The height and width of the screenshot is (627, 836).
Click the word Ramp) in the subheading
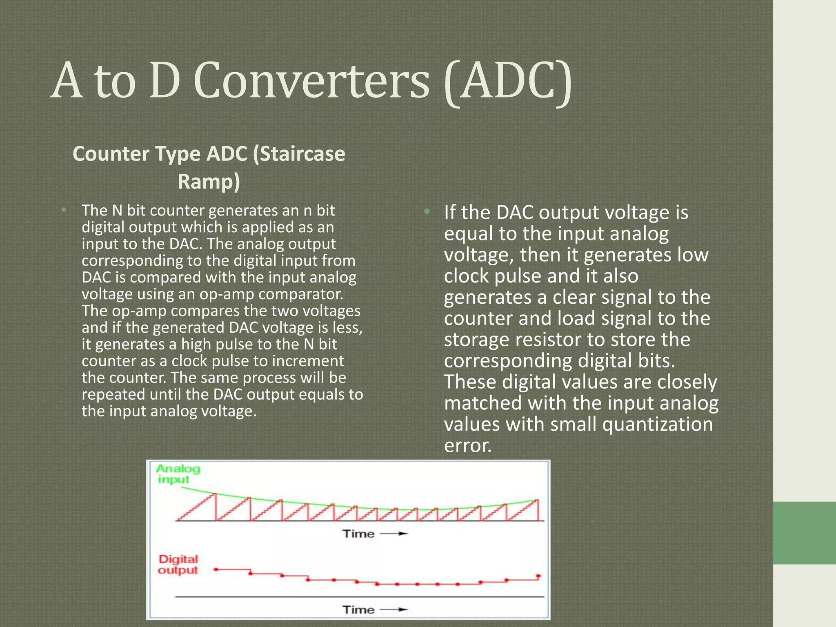209,182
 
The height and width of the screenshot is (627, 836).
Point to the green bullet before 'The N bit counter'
64,210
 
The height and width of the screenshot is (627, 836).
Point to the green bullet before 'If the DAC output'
427,211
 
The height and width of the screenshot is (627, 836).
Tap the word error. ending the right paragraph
467,445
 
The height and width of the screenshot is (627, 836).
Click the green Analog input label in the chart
178,474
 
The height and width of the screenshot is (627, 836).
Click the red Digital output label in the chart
178,565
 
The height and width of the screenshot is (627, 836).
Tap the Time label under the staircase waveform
358,534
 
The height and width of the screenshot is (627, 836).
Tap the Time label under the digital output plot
358,610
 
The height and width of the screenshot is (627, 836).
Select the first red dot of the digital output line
216,569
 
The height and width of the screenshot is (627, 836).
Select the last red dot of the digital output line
538,576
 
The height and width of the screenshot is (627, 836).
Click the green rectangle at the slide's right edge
804,533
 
